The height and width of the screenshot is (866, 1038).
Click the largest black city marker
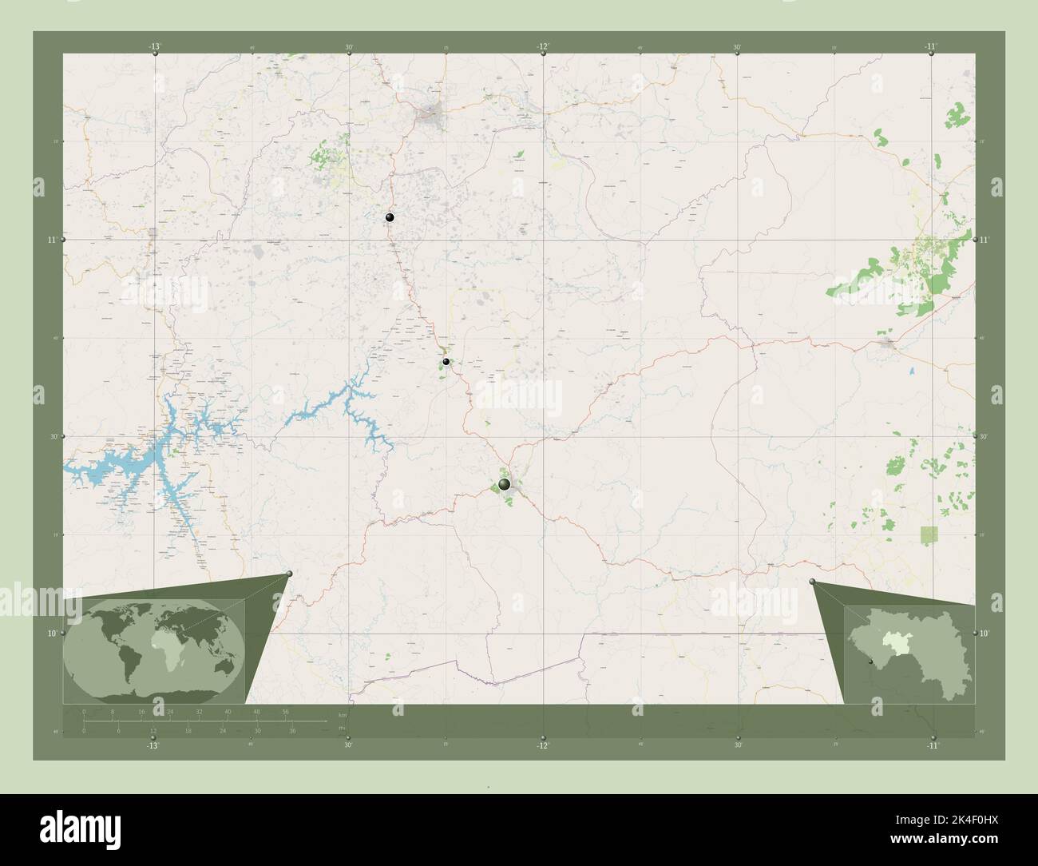coord(504,484)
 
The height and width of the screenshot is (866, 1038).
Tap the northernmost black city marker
coord(390,217)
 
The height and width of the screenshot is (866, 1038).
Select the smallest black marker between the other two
coord(446,362)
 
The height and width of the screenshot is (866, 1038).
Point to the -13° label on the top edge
coord(154,46)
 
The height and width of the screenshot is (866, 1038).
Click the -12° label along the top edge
coord(543,46)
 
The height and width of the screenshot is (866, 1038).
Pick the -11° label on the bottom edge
coord(932,745)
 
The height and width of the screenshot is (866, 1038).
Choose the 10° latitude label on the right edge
coord(985,634)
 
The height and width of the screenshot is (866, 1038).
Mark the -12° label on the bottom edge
coord(543,745)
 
